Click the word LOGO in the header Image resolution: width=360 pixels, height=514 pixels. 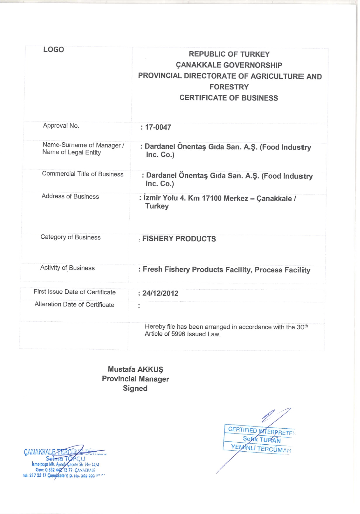coord(54,50)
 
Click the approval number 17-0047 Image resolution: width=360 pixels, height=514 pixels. coord(158,127)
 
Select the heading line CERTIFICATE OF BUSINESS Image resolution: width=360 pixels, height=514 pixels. coord(229,98)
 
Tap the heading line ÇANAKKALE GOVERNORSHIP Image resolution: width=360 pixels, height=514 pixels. coord(229,65)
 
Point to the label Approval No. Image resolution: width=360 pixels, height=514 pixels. coord(61,126)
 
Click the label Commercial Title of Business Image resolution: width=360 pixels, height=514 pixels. coord(83,174)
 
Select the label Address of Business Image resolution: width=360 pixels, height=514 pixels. coord(70,196)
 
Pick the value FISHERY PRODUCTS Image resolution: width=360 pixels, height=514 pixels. coord(179,239)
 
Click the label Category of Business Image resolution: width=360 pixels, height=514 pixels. coord(70,237)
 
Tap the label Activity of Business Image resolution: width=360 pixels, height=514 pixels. coord(67,268)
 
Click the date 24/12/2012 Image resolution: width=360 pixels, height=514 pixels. coord(160,293)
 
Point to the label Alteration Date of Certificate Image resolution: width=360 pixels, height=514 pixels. coord(74,304)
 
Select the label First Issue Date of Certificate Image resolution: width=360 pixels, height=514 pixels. coord(75,292)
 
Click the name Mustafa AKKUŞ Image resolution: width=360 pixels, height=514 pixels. coord(135,369)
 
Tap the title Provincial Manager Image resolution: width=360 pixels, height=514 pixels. coord(135,379)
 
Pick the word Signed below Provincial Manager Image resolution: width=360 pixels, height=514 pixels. coord(135,388)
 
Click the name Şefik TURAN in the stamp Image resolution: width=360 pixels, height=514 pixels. coord(262,439)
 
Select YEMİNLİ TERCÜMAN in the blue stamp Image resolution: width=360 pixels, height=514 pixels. coord(261,448)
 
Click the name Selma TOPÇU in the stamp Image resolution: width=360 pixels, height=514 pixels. coord(66,459)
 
